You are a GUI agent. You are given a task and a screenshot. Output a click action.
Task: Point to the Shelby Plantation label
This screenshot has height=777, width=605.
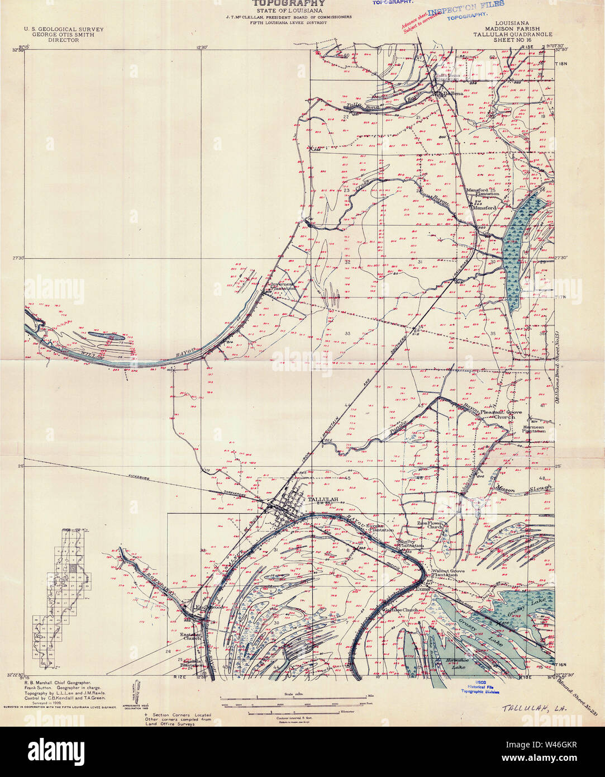[411, 543]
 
